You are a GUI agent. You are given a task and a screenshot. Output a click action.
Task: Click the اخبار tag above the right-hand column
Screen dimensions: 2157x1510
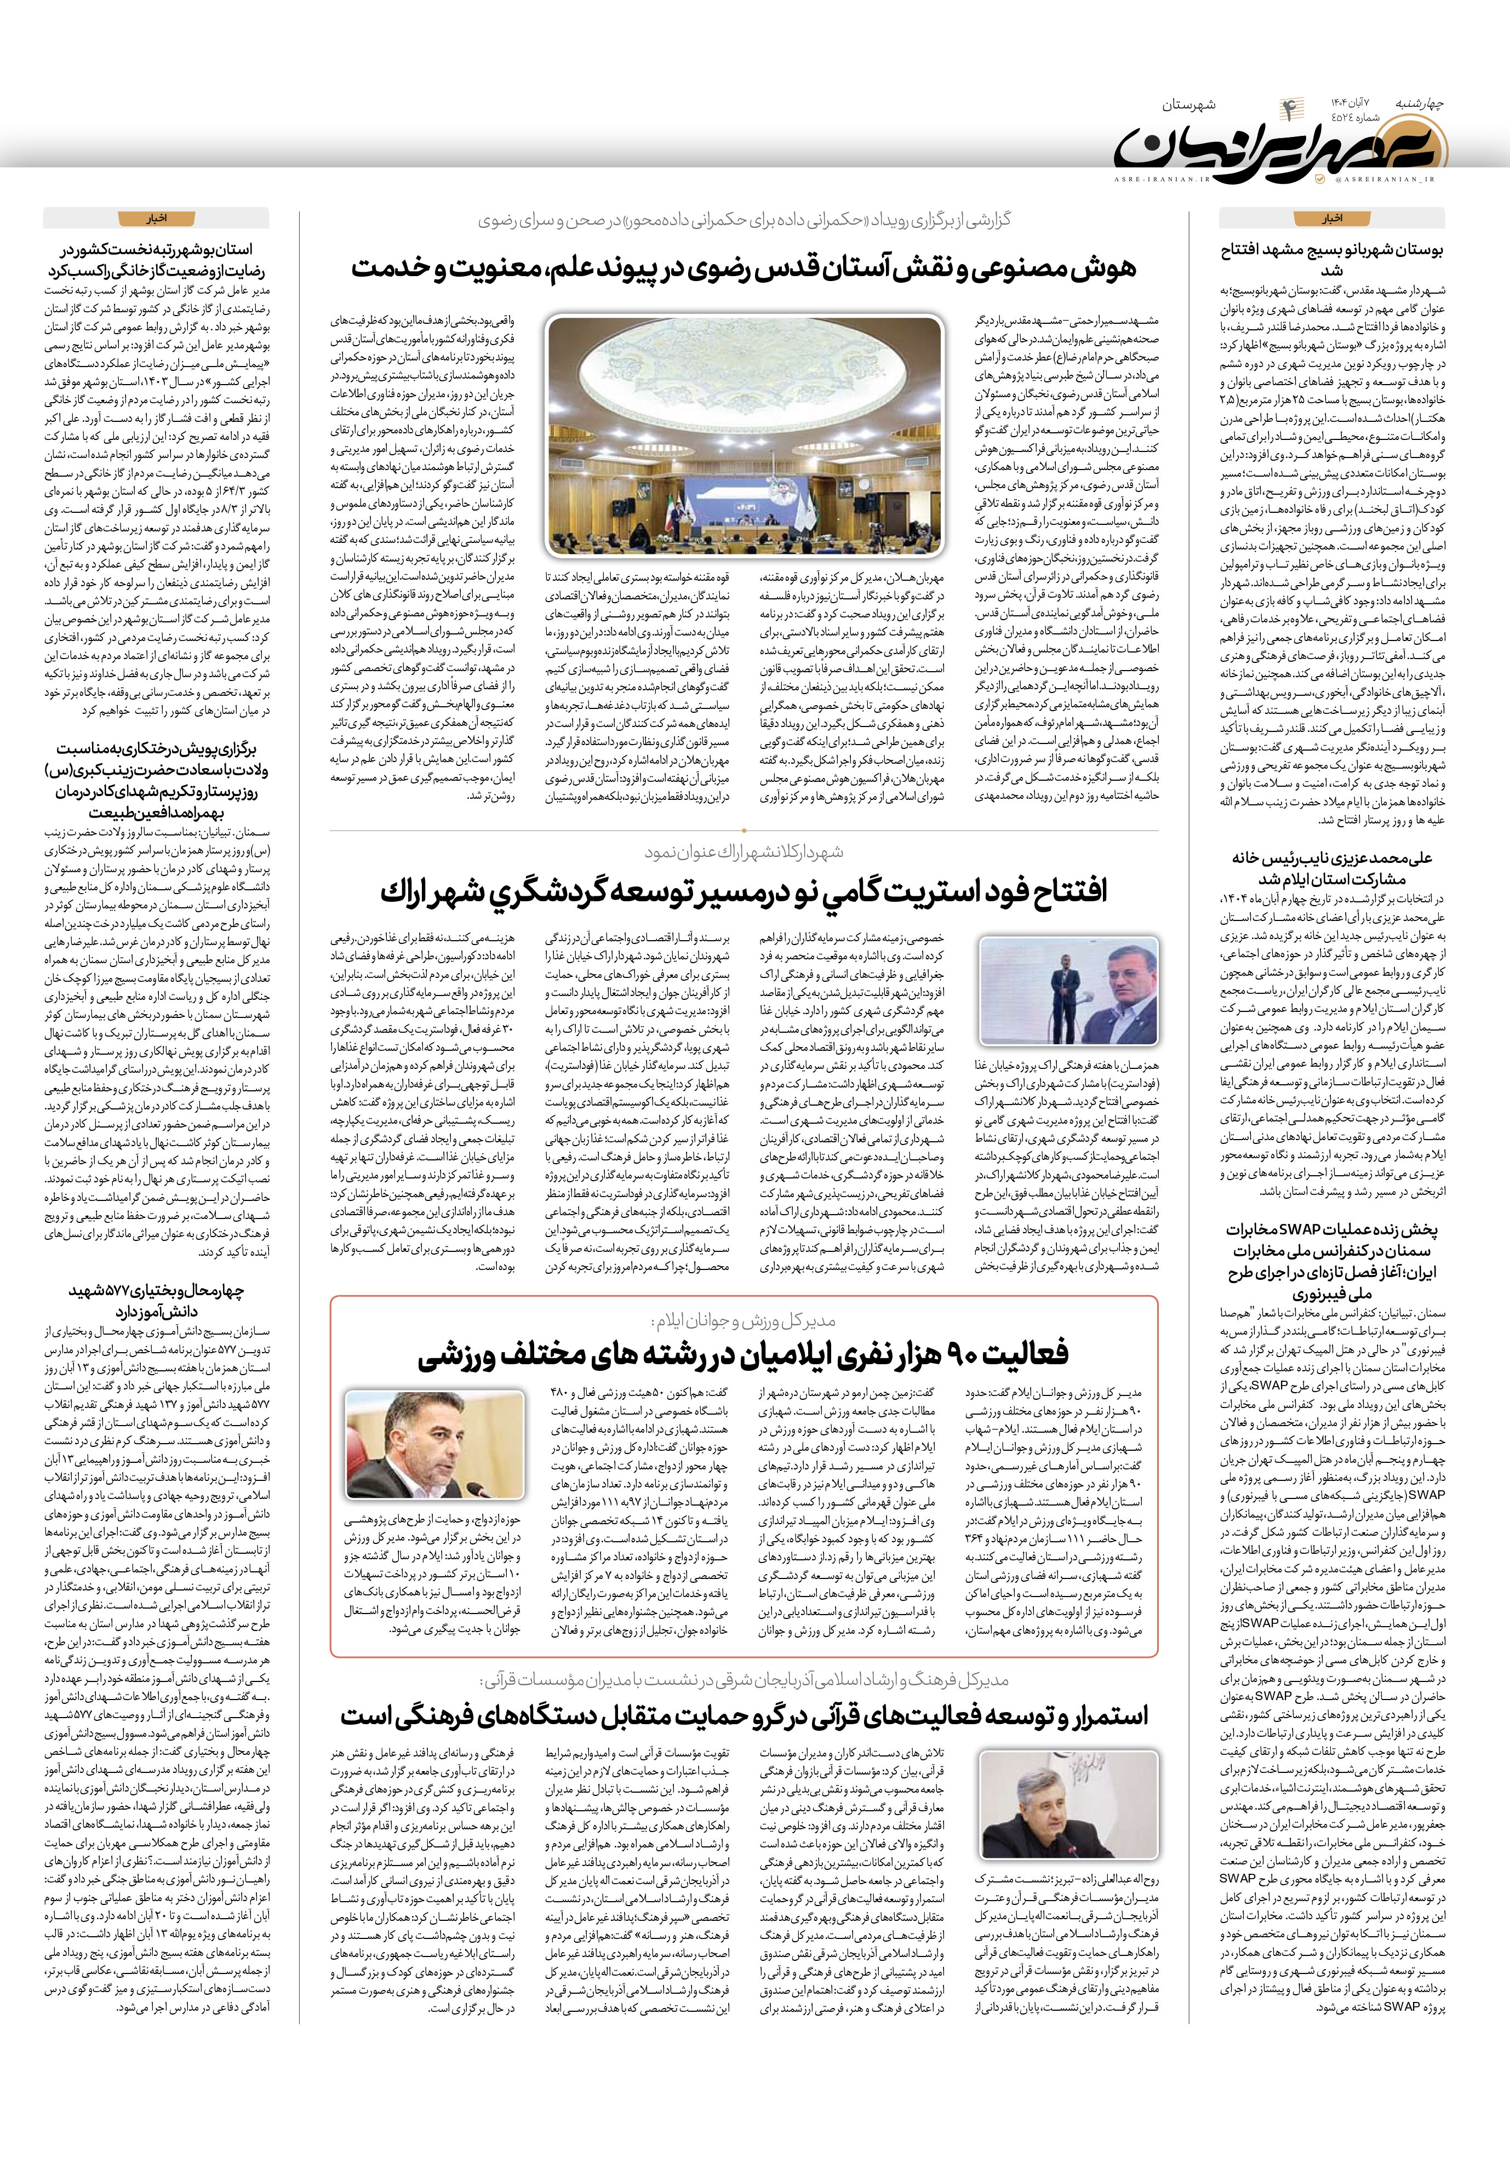[x=1331, y=219]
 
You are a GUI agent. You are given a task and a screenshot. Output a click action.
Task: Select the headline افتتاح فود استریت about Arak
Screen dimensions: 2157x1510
[x=743, y=891]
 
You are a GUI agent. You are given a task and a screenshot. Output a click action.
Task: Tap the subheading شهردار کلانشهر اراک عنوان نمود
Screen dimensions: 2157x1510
[x=743, y=851]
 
